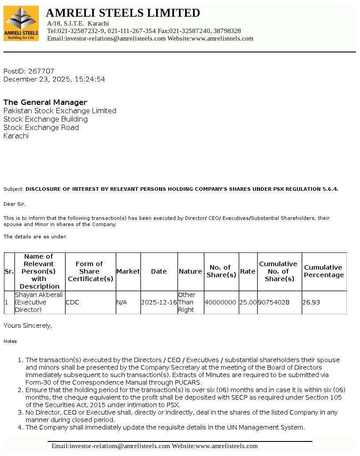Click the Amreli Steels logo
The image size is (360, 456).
[21, 23]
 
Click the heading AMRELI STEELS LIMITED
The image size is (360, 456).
[123, 13]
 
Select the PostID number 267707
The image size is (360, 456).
[41, 71]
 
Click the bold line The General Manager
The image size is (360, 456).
[45, 102]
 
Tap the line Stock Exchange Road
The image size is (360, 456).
[41, 127]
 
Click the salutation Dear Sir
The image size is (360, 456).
[15, 204]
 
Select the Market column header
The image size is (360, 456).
[128, 271]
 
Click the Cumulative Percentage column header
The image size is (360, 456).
[324, 271]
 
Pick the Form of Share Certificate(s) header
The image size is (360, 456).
[90, 271]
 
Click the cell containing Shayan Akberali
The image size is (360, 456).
[40, 302]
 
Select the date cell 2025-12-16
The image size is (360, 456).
[159, 303]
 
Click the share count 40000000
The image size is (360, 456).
[220, 303]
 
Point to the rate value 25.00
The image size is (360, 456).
[248, 303]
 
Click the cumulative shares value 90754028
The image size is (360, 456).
[274, 303]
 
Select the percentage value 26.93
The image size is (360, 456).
[311, 303]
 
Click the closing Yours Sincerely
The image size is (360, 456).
[28, 326]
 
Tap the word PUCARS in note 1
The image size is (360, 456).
[187, 382]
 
